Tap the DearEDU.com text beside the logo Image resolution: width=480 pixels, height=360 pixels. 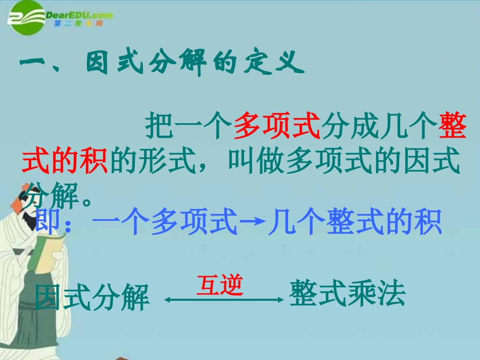(x=79, y=15)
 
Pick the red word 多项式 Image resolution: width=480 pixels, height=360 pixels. (x=277, y=126)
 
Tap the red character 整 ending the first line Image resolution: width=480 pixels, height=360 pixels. (x=453, y=126)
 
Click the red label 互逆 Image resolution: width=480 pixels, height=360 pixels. (x=220, y=285)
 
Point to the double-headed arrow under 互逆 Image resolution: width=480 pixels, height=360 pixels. (x=224, y=299)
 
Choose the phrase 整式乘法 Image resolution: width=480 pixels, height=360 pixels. (x=348, y=294)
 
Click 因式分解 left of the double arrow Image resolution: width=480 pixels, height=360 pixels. (x=92, y=297)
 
